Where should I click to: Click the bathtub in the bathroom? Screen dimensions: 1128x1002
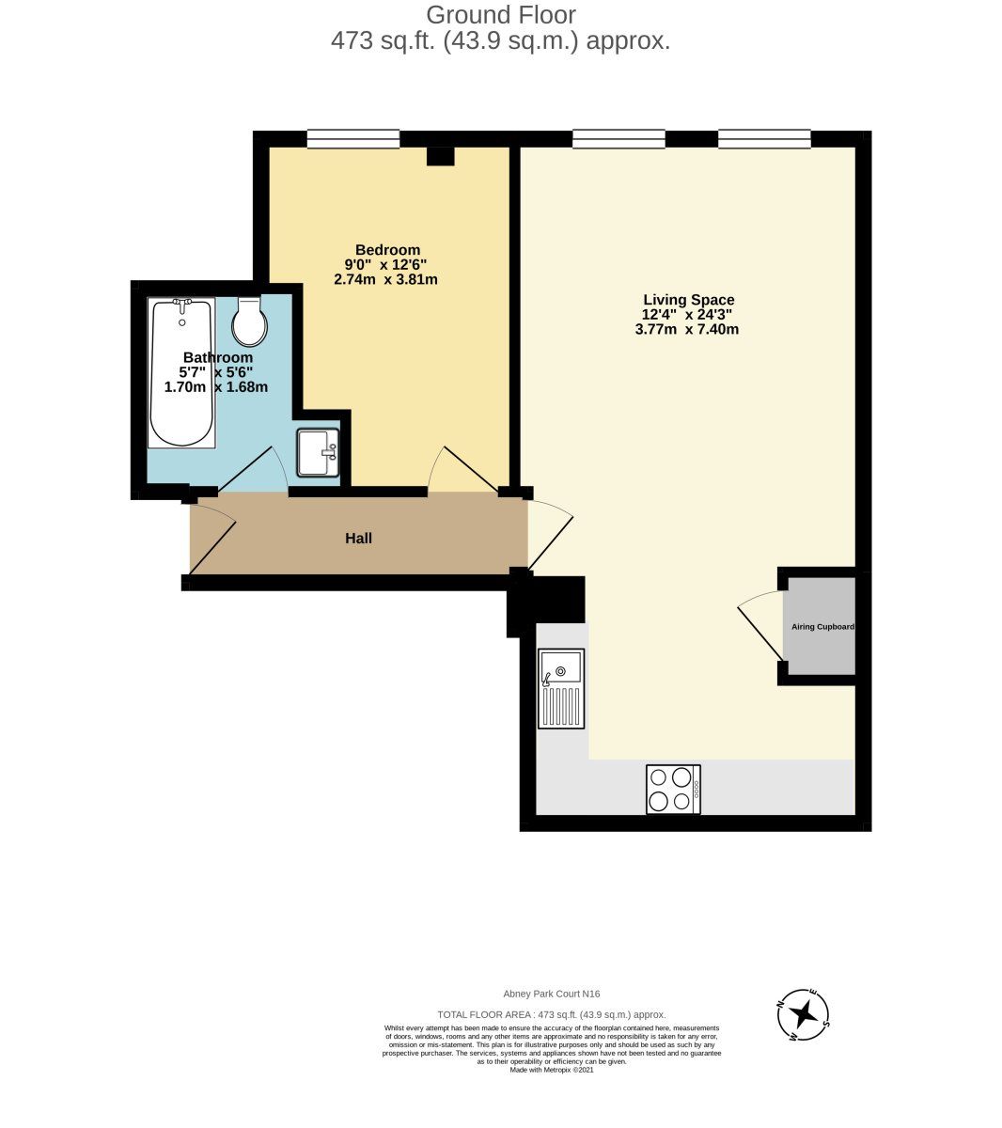point(182,372)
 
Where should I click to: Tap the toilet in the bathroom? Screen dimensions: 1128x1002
point(249,322)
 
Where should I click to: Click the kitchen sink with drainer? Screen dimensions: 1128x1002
point(560,688)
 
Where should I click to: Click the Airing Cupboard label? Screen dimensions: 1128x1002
point(822,626)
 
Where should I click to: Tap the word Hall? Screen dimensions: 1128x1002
point(358,539)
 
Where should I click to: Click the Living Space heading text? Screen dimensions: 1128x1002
point(688,300)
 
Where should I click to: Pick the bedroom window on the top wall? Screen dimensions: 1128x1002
point(353,139)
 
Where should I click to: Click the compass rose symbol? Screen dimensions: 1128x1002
point(803,1014)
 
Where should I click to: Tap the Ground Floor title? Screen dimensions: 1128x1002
point(500,15)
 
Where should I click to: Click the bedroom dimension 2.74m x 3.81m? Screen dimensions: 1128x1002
point(385,279)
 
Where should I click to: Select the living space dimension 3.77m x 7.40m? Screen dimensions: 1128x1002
point(687,329)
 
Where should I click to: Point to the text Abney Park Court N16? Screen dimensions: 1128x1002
point(552,994)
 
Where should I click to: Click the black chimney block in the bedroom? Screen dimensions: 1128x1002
point(440,156)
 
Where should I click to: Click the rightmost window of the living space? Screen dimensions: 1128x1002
point(764,139)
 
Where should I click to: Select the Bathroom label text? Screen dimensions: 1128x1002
point(217,357)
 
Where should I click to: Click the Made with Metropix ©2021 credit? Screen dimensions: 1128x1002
point(552,1070)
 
